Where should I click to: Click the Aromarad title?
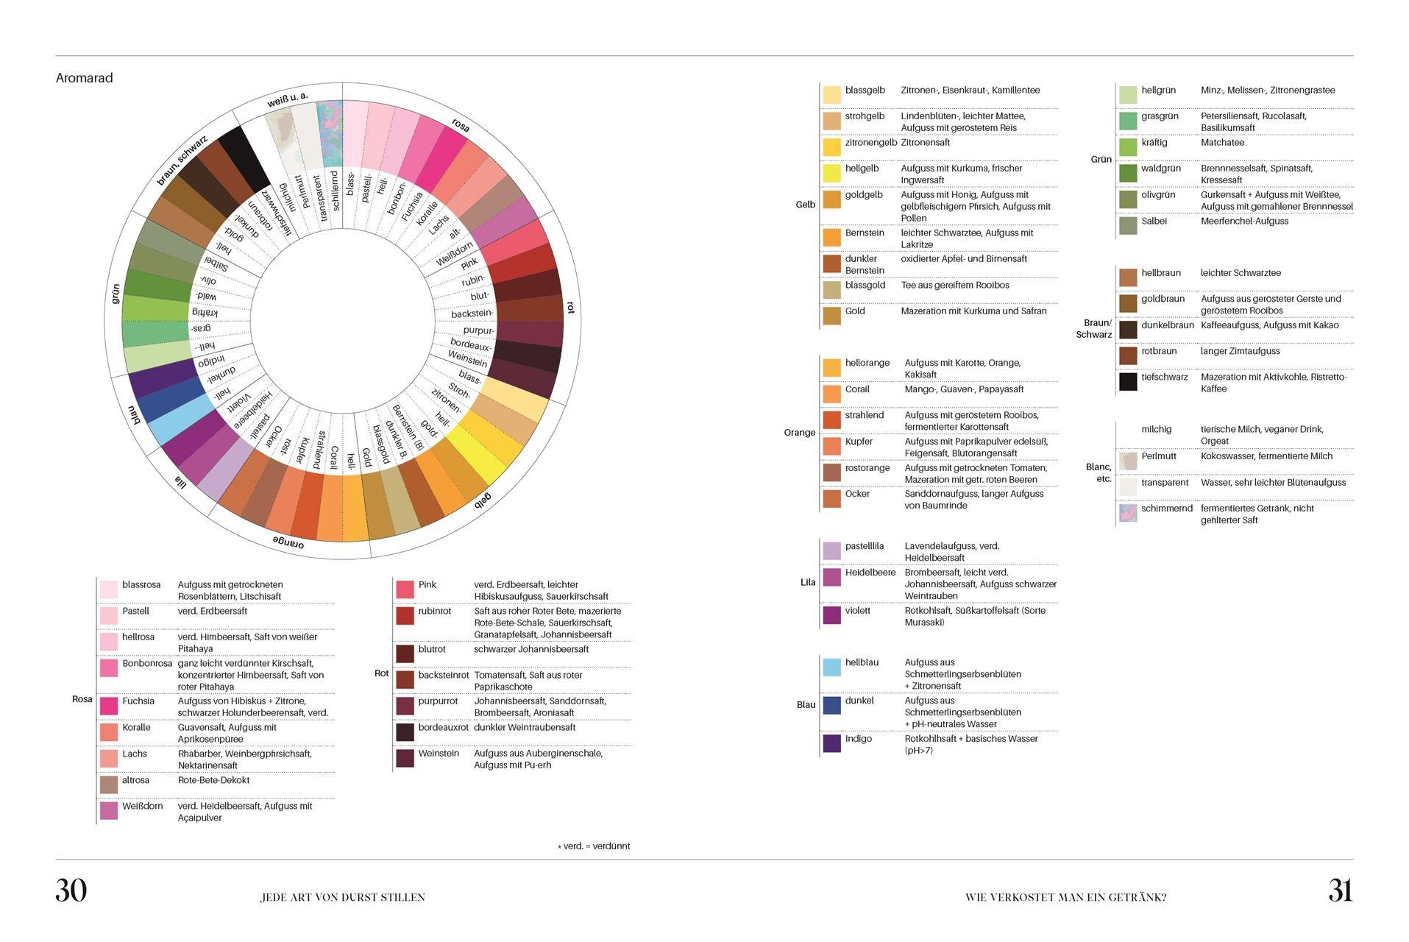(84, 78)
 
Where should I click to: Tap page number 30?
(71, 890)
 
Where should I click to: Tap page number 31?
(1340, 890)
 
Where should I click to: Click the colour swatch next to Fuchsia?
(109, 706)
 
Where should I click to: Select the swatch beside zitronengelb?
(831, 147)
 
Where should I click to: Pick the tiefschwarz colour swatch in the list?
(1128, 381)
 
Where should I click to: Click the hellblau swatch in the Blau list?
(831, 667)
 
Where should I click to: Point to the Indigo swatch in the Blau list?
(831, 743)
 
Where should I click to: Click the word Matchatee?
(1222, 143)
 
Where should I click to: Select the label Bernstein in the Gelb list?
(865, 233)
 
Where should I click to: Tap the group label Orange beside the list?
(799, 433)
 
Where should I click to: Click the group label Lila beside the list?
(808, 582)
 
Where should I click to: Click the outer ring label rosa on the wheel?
(461, 126)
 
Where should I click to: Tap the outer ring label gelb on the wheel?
(482, 501)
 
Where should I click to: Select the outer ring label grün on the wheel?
(116, 294)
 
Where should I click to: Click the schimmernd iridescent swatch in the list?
(1128, 513)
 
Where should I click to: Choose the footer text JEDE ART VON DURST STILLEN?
(343, 897)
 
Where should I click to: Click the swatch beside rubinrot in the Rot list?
(405, 616)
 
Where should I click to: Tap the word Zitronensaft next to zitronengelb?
(925, 143)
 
